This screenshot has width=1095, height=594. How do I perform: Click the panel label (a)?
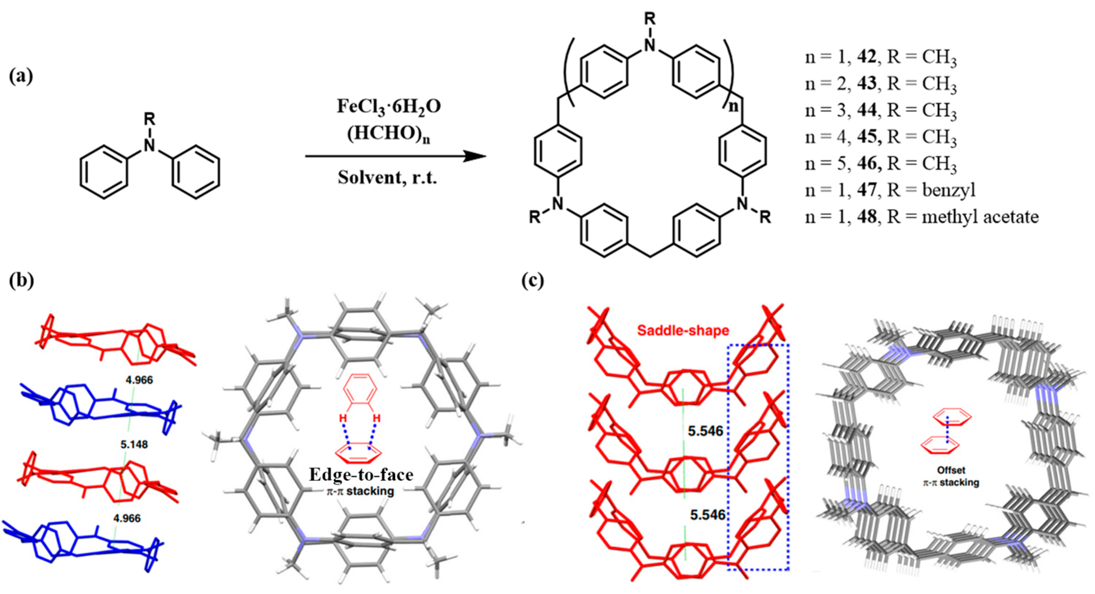tap(21, 76)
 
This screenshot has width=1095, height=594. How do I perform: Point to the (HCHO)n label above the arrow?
tap(389, 134)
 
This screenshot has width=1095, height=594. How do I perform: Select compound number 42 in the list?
tap(866, 57)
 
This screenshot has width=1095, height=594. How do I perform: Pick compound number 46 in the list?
tap(866, 163)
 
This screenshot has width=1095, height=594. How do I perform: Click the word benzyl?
tap(949, 190)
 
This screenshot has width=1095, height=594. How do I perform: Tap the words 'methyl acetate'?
tap(980, 217)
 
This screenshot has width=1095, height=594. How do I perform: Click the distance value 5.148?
tap(134, 444)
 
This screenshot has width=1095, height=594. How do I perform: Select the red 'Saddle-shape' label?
tap(683, 330)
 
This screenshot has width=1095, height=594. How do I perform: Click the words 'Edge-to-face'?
tap(361, 475)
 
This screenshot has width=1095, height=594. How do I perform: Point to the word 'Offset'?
tap(950, 470)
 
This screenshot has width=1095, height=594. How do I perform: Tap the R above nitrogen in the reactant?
tap(149, 119)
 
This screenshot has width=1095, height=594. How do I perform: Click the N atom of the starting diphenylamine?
tap(149, 146)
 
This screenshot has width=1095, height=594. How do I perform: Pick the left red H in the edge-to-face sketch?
tap(343, 419)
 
